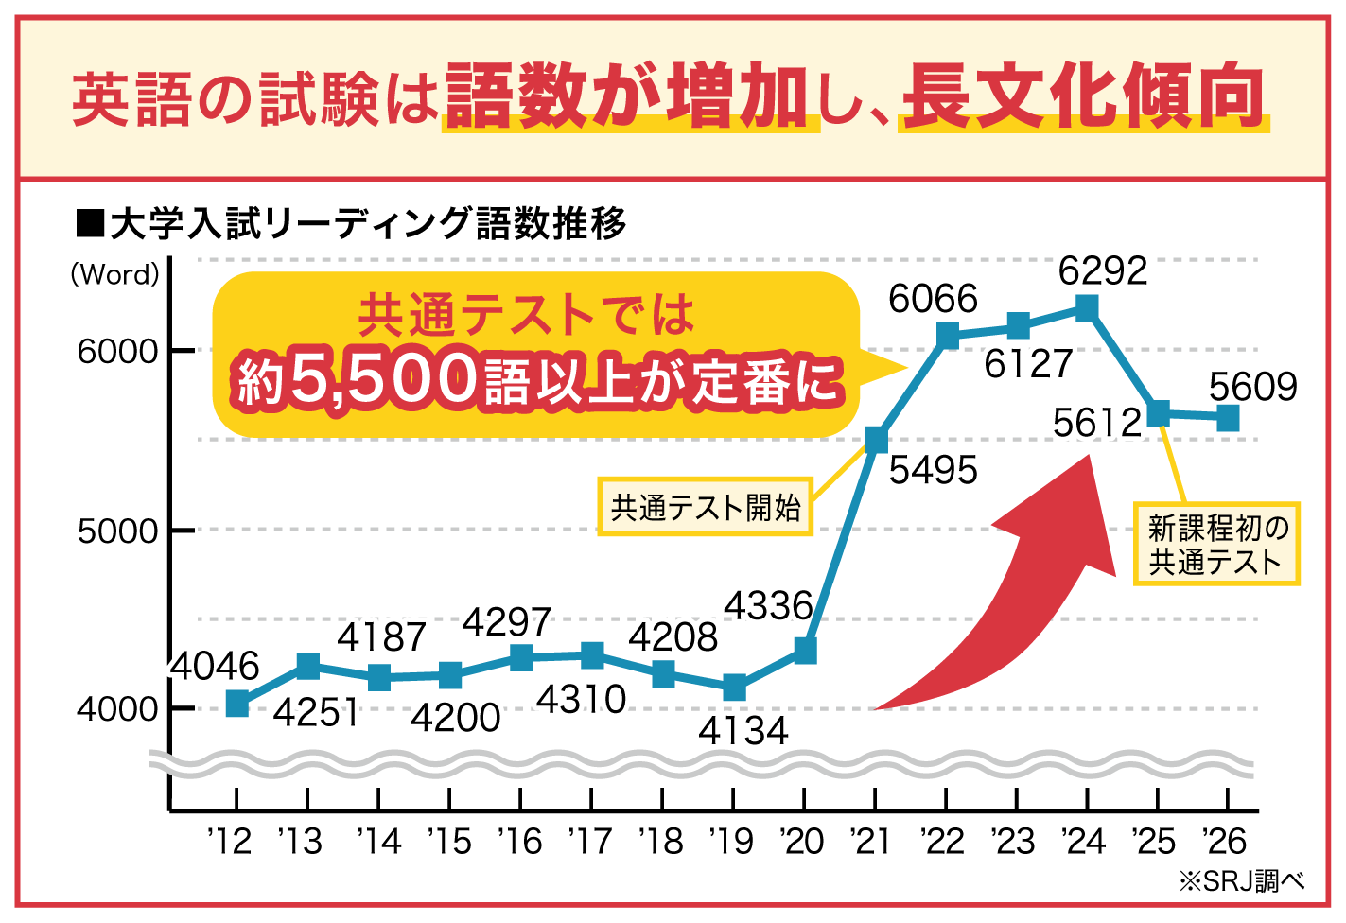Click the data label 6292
tap(1102, 271)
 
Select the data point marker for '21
tap(876, 440)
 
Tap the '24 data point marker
tap(1087, 308)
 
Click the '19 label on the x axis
tap(732, 842)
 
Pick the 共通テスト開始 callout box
tap(706, 508)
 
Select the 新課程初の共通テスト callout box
tap(1216, 545)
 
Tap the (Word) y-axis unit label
tap(114, 275)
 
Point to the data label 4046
tap(215, 667)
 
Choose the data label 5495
tap(933, 470)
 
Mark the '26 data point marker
tap(1228, 417)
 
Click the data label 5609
tap(1252, 387)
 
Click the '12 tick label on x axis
tap(230, 842)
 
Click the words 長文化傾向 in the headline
tap(1083, 97)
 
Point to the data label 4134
tap(743, 731)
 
